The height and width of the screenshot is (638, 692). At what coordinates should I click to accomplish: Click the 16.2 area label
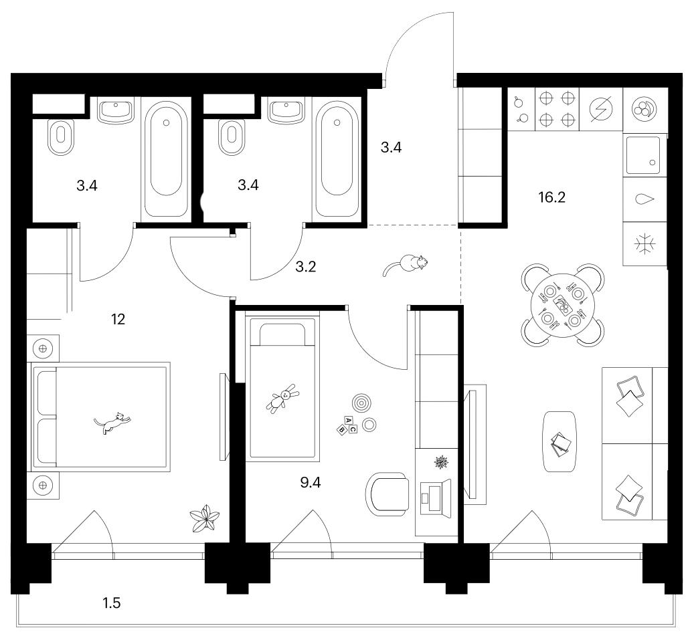[x=551, y=197]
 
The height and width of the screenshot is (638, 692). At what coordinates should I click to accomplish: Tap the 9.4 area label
[x=311, y=483]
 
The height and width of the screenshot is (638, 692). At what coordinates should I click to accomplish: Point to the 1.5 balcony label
[x=112, y=603]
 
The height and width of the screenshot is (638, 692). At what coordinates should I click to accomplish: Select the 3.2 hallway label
[x=305, y=267]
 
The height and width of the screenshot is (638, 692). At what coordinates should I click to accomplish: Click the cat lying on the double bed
[x=112, y=423]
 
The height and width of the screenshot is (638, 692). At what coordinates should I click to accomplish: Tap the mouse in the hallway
[x=406, y=265]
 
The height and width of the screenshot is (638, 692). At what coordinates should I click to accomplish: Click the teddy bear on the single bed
[x=282, y=398]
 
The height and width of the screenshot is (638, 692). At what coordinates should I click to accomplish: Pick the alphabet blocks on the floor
[x=347, y=425]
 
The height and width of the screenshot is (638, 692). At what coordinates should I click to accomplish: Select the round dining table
[x=563, y=305]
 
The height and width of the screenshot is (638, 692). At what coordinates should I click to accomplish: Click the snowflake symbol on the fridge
[x=644, y=244]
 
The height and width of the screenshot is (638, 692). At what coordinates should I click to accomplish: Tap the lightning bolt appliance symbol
[x=601, y=108]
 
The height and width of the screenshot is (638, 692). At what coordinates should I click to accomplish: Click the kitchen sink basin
[x=643, y=155]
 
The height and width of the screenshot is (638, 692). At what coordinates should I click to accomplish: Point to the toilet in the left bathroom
[x=60, y=137]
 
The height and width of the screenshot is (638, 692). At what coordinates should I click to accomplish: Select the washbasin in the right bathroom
[x=286, y=112]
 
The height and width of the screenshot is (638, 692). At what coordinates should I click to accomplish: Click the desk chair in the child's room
[x=387, y=494]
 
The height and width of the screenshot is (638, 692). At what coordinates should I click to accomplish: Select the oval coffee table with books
[x=560, y=442]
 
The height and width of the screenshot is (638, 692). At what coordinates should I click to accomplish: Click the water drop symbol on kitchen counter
[x=644, y=199]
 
